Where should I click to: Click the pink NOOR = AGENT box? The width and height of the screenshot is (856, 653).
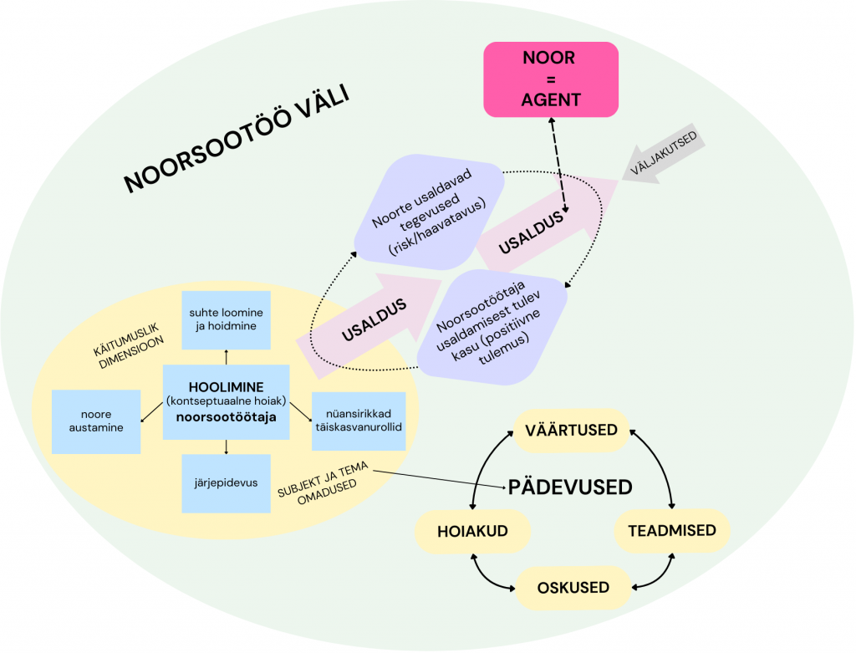click(551, 79)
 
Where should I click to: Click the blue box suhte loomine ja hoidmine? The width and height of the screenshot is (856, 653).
click(227, 319)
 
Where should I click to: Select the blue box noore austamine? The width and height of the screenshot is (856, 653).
click(95, 421)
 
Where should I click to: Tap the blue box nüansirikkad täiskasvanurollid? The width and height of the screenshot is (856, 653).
click(358, 420)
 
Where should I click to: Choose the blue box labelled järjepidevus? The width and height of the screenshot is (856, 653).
click(226, 483)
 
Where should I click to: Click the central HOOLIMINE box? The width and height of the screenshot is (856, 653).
click(226, 401)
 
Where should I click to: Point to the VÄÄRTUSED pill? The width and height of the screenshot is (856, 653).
click(572, 430)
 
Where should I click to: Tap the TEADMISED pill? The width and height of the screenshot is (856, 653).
click(671, 531)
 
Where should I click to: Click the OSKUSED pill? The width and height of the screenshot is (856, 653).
click(573, 587)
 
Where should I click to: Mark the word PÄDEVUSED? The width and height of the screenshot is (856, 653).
click(570, 487)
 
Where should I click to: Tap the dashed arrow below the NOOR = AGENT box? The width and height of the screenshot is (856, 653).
click(557, 163)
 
